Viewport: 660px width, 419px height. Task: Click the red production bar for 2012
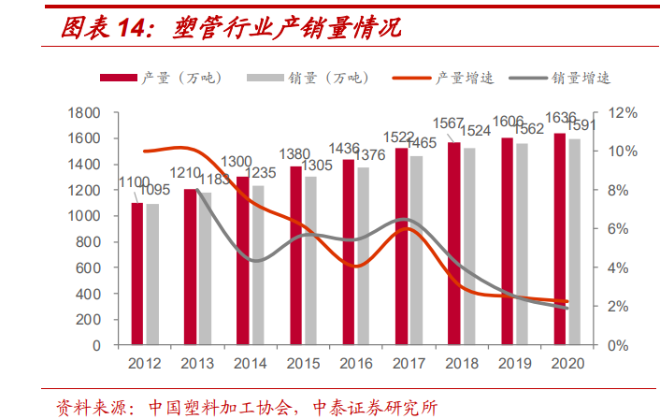137,273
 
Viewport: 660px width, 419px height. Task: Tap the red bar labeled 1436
349,252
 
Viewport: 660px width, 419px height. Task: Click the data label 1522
402,138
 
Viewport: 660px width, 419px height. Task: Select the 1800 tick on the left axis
84,113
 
